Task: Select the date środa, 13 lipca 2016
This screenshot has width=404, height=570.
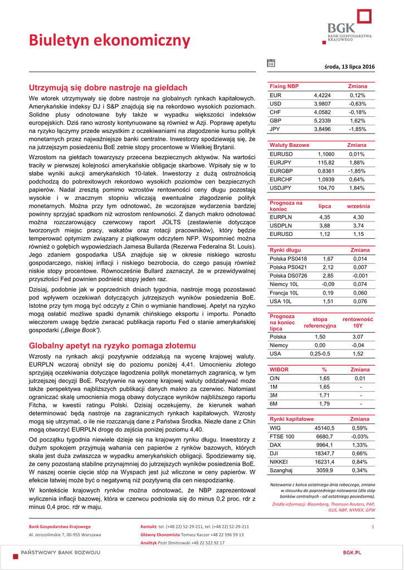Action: (349, 67)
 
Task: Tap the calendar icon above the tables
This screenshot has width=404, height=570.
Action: (271, 63)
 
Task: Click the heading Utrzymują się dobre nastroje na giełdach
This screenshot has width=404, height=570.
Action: (108, 88)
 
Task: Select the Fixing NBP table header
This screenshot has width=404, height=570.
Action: (284, 86)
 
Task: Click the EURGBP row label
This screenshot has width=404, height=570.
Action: (281, 170)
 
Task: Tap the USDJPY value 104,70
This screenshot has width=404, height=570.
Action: (326, 188)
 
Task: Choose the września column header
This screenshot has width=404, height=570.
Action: (358, 207)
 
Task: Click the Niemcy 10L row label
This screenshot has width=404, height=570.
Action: (284, 284)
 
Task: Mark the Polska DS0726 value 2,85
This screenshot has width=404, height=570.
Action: (328, 276)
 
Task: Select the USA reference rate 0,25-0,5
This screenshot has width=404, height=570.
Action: (320, 353)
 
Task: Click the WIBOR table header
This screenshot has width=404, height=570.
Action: (279, 370)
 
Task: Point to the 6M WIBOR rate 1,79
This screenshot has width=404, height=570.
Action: (324, 404)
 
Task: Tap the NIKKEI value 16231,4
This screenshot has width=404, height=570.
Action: (324, 462)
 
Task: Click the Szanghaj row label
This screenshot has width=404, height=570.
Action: (281, 470)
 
